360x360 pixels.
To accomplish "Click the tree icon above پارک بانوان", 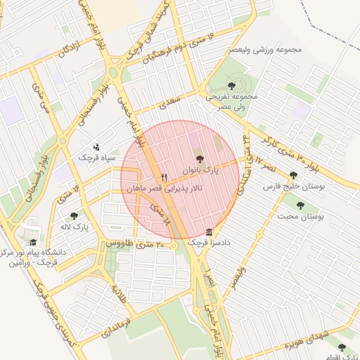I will coord(199,160).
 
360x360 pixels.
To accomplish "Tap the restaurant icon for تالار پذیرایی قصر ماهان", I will coord(165,177).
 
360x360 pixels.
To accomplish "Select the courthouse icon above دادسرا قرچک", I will coord(209,233).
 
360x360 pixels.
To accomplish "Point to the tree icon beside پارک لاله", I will coord(74,216).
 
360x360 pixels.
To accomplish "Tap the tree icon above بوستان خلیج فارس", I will coord(293,176).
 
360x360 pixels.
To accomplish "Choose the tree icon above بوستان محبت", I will coord(301,205).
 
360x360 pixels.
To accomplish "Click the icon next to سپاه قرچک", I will coord(96,147).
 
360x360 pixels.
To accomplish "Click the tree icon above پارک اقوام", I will coord(341,347).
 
